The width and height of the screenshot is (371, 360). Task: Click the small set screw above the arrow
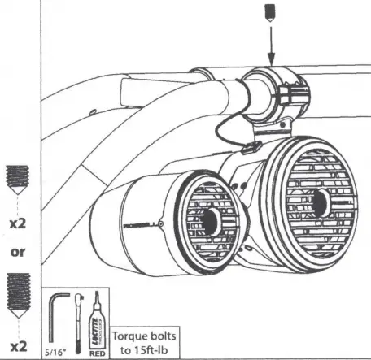click(x=270, y=12)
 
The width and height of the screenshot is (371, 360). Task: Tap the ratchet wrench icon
click(x=77, y=323)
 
